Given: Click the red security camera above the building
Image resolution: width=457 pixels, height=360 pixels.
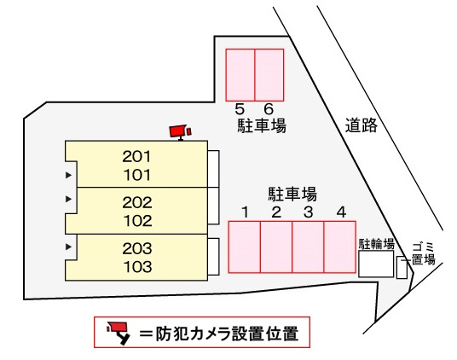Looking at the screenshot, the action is pyautogui.click(x=181, y=132).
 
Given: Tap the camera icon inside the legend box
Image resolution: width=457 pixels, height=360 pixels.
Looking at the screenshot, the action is pyautogui.click(x=119, y=334).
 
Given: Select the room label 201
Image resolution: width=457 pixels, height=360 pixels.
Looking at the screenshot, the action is pyautogui.click(x=136, y=156).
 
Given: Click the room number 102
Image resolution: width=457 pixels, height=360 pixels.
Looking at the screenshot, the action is pyautogui.click(x=137, y=221).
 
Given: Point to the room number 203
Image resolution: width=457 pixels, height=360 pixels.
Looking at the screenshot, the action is pyautogui.click(x=137, y=248).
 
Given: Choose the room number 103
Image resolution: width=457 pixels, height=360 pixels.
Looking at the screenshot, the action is pyautogui.click(x=137, y=267).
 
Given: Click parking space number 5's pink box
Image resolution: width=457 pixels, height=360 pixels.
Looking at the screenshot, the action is pyautogui.click(x=240, y=75).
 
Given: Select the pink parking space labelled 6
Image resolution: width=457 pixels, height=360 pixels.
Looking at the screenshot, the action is pyautogui.click(x=269, y=75).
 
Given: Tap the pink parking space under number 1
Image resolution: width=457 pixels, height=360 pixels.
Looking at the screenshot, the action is pyautogui.click(x=244, y=247).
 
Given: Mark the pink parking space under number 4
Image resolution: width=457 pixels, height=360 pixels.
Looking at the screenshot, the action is pyautogui.click(x=339, y=247).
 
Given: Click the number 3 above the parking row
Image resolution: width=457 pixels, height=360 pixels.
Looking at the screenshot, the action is pyautogui.click(x=308, y=212).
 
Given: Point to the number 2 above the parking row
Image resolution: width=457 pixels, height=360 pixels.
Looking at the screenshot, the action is pyautogui.click(x=276, y=212).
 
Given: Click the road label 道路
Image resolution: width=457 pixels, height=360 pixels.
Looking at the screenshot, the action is pyautogui.click(x=362, y=125).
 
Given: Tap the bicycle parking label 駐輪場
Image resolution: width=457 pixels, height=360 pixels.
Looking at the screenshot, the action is pyautogui.click(x=376, y=244).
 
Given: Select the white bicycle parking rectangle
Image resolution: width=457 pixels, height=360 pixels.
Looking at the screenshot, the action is pyautogui.click(x=376, y=264).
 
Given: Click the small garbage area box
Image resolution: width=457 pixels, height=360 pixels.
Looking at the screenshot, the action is pyautogui.click(x=402, y=267).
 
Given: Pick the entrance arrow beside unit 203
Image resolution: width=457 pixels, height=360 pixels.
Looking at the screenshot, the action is pyautogui.click(x=68, y=247).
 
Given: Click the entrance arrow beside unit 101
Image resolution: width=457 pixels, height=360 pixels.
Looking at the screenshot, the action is pyautogui.click(x=68, y=175).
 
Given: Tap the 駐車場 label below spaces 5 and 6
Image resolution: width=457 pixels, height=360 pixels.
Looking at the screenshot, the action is pyautogui.click(x=262, y=125).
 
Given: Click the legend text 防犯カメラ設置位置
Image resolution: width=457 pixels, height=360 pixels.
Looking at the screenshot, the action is pyautogui.click(x=227, y=334).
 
